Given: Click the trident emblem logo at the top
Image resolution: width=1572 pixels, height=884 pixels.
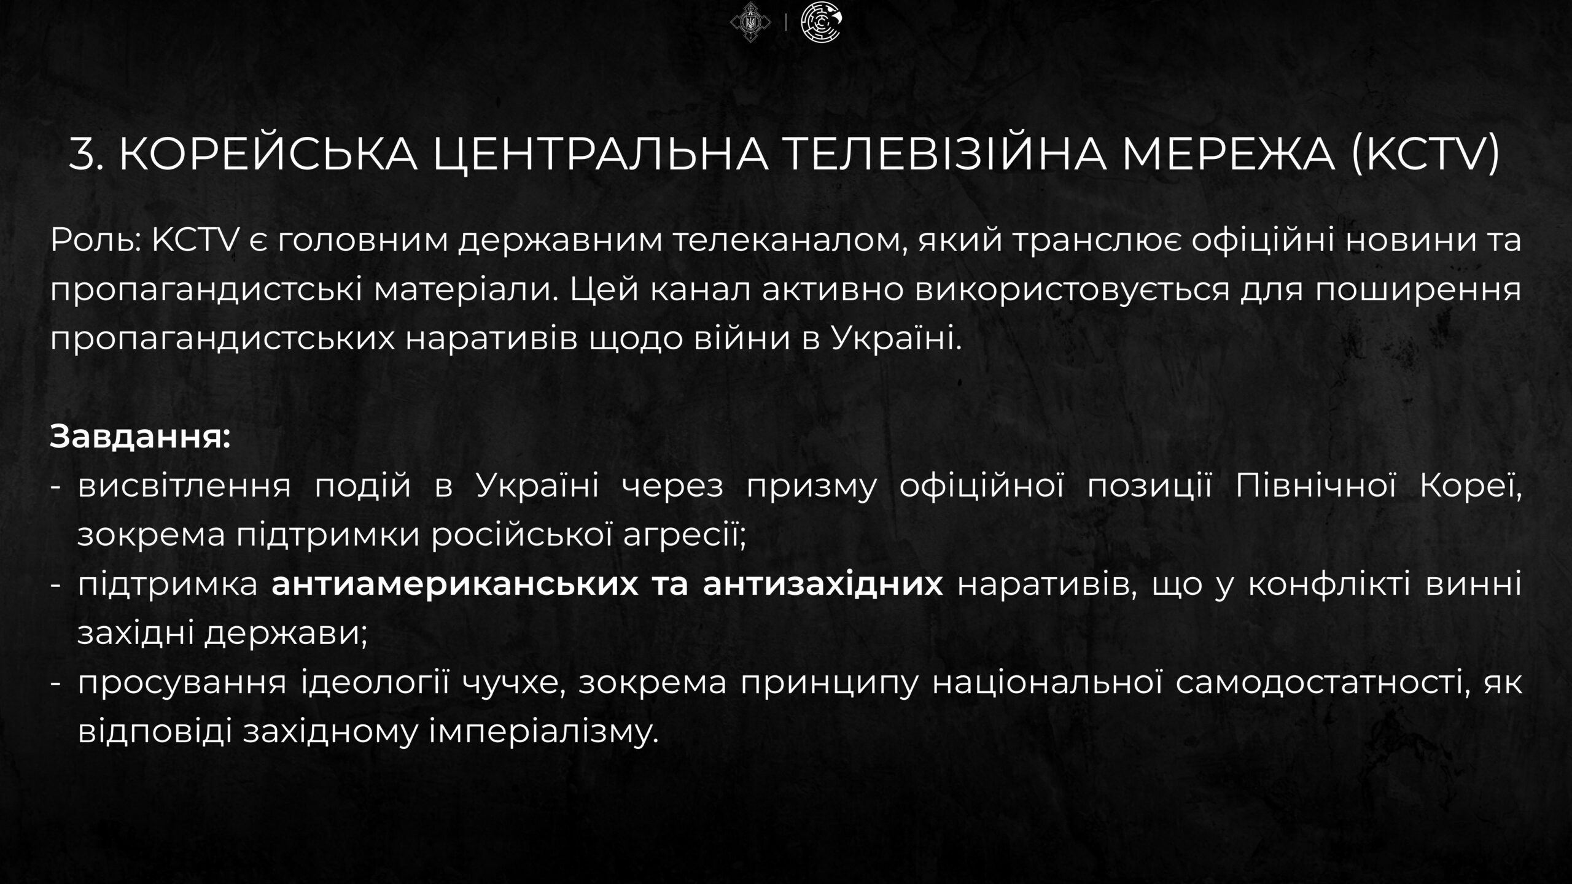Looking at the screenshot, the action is (x=750, y=23).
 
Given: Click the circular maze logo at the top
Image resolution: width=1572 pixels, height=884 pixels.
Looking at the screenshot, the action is (x=822, y=23).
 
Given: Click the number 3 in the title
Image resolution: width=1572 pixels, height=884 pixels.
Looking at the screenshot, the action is (x=82, y=153).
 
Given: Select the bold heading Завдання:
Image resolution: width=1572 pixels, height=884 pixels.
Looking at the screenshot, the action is (x=141, y=437).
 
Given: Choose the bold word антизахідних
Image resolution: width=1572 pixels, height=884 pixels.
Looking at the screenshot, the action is (x=823, y=583).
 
